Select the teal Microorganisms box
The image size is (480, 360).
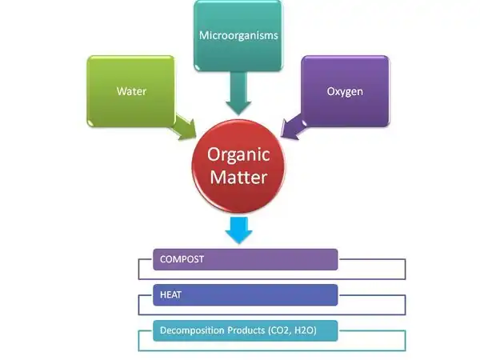click(x=238, y=36)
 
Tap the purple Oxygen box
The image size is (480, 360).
click(x=345, y=90)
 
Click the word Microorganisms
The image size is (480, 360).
click(x=238, y=36)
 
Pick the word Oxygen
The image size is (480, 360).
click(x=345, y=91)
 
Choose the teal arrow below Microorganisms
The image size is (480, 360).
click(x=238, y=94)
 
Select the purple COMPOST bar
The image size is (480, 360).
click(x=245, y=259)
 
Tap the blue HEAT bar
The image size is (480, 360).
click(x=245, y=294)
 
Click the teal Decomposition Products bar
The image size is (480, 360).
click(x=245, y=330)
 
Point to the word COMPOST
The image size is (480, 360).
click(x=182, y=259)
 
